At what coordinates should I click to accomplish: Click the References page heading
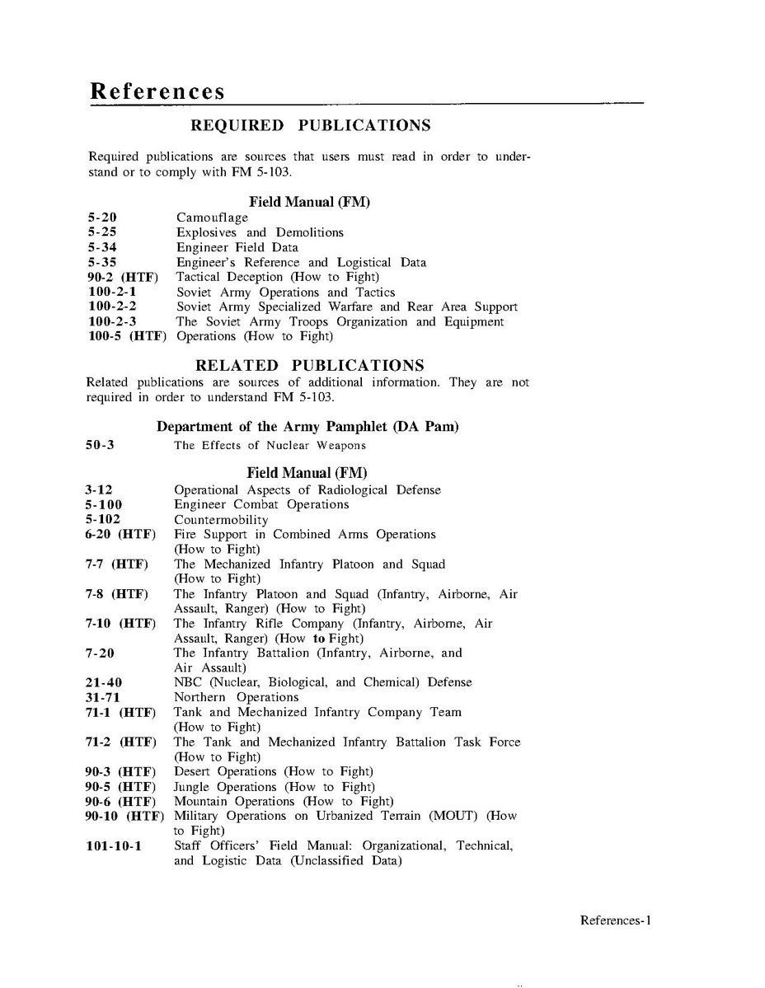point(157,91)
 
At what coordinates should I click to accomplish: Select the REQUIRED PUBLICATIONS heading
point(311,126)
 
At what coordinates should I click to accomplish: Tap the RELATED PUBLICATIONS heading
point(309,365)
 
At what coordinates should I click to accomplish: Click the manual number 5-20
point(102,218)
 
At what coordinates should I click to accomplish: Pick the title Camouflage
point(212,218)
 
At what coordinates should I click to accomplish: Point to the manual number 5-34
point(102,248)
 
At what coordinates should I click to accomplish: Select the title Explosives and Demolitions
point(260,233)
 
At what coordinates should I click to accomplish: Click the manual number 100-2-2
point(112,307)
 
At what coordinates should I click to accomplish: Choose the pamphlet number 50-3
point(100,446)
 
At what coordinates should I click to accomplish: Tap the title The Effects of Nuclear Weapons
point(270,446)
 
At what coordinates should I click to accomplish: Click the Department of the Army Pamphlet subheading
point(307,427)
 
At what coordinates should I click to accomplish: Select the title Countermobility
point(220,520)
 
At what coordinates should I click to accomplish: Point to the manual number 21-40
point(104,683)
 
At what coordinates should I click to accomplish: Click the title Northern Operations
point(224,698)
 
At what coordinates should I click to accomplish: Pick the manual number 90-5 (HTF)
point(120,787)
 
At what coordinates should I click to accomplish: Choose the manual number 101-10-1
point(113,846)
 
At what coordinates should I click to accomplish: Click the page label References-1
point(615,920)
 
